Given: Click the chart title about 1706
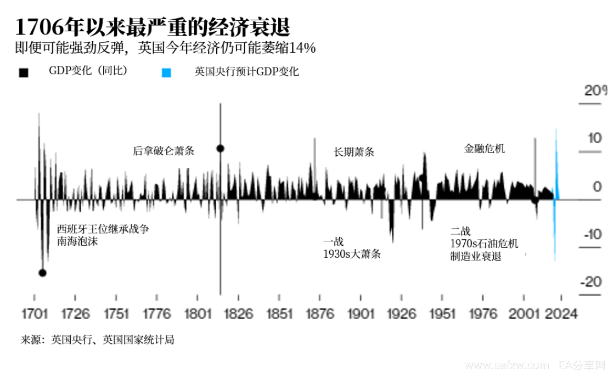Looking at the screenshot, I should tap(153, 26).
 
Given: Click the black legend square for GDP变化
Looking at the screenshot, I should tap(23, 72).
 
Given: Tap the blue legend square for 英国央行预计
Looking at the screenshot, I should tap(167, 72).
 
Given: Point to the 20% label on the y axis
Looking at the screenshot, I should tap(595, 91).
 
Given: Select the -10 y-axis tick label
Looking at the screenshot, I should tap(593, 235).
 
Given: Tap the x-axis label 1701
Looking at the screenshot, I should tap(34, 314).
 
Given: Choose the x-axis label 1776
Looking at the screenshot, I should tap(156, 314).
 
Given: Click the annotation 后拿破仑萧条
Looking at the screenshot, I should tap(164, 151).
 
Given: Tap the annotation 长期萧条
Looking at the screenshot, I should tap(354, 152).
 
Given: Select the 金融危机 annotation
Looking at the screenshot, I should tap(485, 148).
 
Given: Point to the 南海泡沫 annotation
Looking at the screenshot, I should tap(77, 241).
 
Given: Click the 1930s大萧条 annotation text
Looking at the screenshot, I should tap(352, 253).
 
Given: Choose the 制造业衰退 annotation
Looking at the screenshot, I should tap(476, 256).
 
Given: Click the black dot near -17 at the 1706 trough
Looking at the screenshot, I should tap(42, 273).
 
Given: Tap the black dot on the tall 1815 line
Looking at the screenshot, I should tap(220, 148).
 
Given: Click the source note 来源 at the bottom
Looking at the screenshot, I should tap(97, 340).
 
